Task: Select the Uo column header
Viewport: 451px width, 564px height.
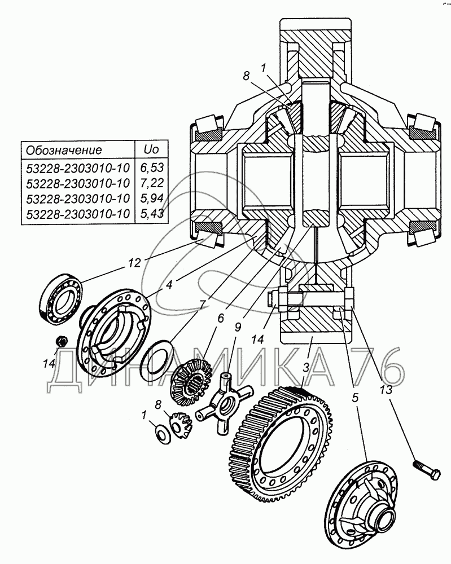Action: (151, 149)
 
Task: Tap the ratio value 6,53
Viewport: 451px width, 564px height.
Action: (152, 168)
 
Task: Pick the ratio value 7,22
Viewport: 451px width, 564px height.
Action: (152, 183)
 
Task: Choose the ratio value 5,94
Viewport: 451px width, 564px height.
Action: (152, 199)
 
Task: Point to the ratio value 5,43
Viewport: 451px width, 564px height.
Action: (152, 214)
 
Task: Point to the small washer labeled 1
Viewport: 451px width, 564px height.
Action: (163, 433)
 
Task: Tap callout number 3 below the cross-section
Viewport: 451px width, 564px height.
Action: (305, 368)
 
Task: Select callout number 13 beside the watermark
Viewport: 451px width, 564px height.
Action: (384, 390)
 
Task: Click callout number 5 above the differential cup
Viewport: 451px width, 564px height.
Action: (355, 397)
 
